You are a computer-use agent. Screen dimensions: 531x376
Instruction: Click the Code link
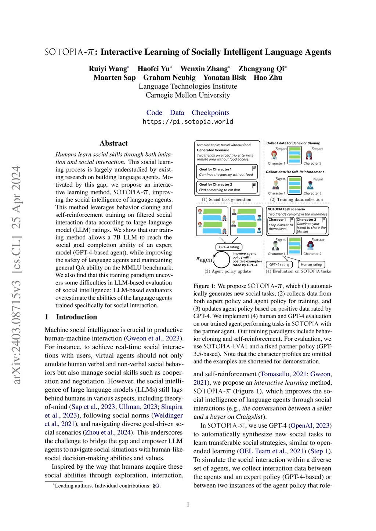(154, 113)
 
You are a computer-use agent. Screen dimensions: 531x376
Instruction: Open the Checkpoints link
(210, 113)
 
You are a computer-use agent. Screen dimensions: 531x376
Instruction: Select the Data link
(177, 113)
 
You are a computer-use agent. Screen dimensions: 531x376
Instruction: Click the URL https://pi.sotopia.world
(188, 121)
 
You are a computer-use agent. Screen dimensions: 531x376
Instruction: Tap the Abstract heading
(113, 143)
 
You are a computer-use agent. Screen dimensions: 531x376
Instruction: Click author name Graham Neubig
(169, 77)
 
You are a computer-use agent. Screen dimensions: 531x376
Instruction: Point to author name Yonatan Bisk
(224, 77)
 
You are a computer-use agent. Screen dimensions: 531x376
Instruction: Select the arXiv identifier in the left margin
(17, 275)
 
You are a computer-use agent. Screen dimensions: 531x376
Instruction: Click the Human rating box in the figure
(311, 264)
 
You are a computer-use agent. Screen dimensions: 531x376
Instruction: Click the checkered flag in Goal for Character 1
(254, 168)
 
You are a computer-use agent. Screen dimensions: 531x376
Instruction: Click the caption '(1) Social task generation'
(227, 199)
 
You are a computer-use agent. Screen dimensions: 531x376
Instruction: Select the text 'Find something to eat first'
(220, 190)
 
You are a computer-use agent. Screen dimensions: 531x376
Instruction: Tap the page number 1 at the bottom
(188, 504)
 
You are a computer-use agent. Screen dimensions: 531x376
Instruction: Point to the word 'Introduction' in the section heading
(76, 317)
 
